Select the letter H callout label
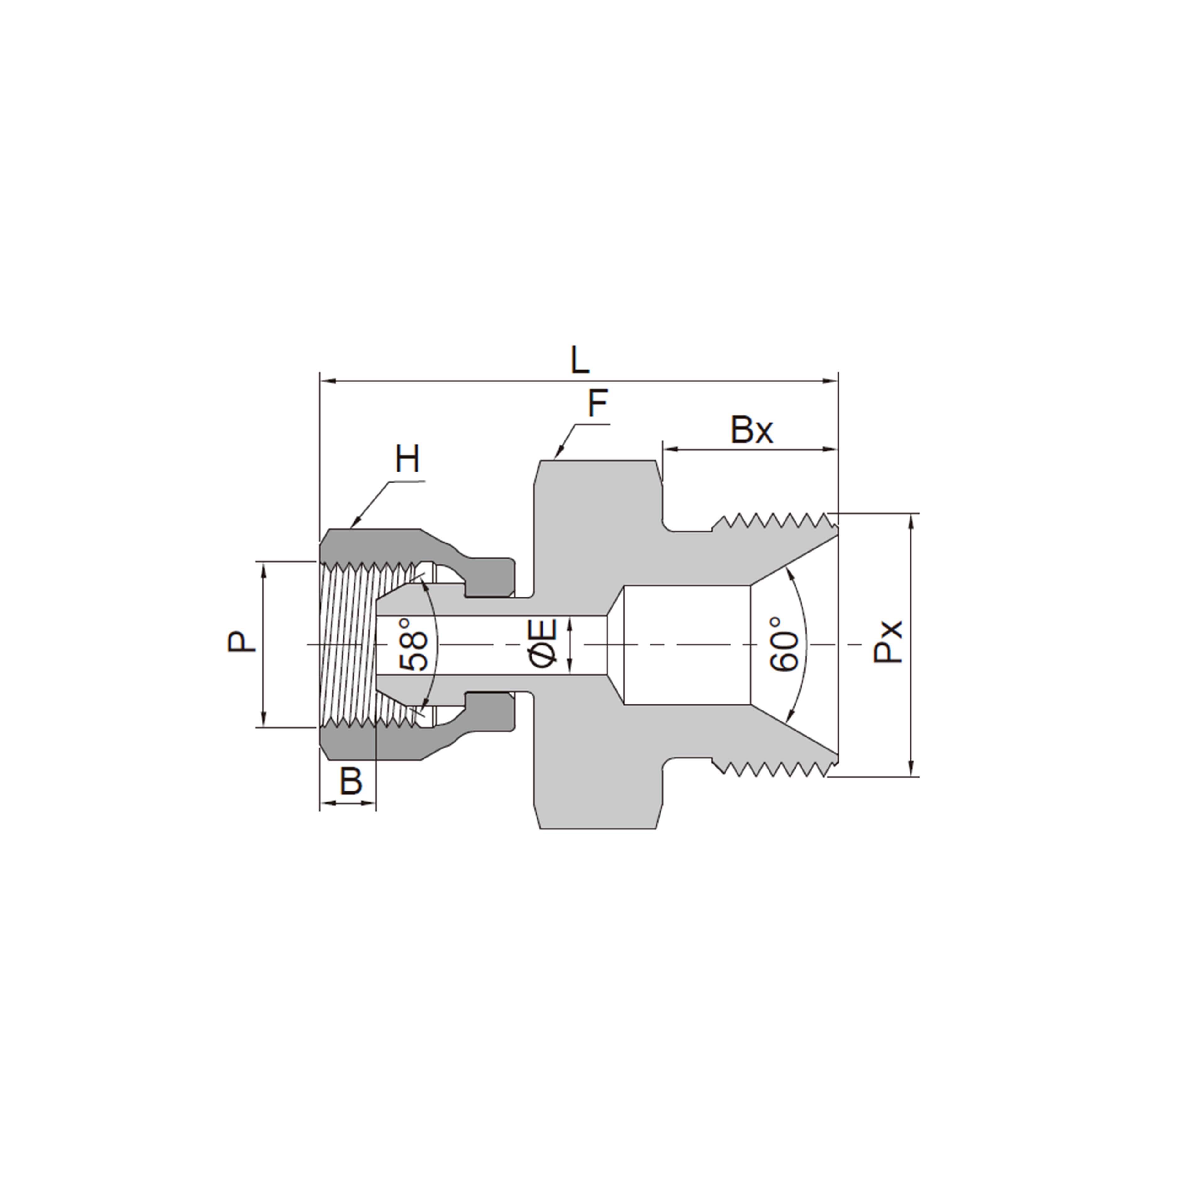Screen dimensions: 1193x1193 tap(408, 460)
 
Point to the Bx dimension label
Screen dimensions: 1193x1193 tap(752, 430)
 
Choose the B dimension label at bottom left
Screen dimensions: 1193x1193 tap(351, 781)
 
